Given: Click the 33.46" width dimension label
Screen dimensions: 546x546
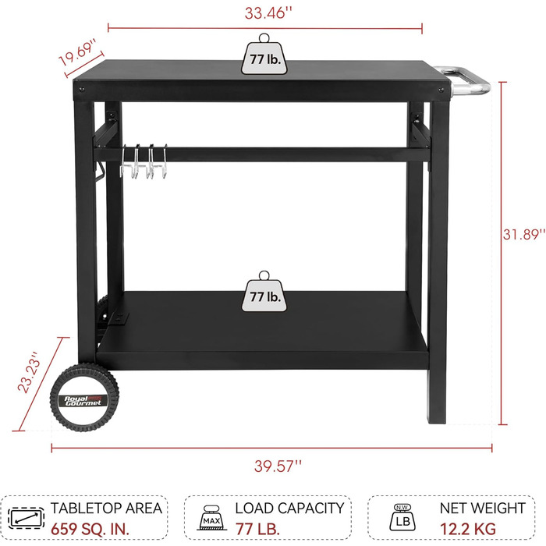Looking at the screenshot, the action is [268, 13].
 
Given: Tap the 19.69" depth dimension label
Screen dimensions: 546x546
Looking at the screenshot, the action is [77, 53].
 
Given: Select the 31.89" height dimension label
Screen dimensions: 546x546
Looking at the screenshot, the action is [523, 234].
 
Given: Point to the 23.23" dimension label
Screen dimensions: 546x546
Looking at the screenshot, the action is [30, 372].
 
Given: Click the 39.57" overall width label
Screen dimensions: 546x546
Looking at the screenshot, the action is [278, 466].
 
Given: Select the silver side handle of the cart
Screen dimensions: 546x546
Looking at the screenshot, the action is [466, 81].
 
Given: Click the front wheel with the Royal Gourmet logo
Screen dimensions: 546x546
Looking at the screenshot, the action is [84, 397].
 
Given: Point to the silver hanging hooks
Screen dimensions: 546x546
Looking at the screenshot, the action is [144, 161].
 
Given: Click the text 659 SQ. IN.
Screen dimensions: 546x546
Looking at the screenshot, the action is [90, 530].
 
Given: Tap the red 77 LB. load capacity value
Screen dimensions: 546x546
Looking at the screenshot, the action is [257, 530].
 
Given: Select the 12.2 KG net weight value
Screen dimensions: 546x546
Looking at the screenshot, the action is [468, 530].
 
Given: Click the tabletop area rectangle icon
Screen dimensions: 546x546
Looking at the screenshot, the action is [26, 518].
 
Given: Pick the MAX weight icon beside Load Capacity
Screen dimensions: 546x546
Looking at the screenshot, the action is [211, 518].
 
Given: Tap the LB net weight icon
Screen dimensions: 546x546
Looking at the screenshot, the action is [402, 517].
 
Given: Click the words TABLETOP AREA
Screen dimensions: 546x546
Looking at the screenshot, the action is [106, 508].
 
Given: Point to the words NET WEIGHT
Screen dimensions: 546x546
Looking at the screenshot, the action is [483, 508].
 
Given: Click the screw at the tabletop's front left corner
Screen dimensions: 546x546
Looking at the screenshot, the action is [81, 90].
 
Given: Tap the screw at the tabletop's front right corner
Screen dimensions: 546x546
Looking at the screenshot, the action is [441, 90].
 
